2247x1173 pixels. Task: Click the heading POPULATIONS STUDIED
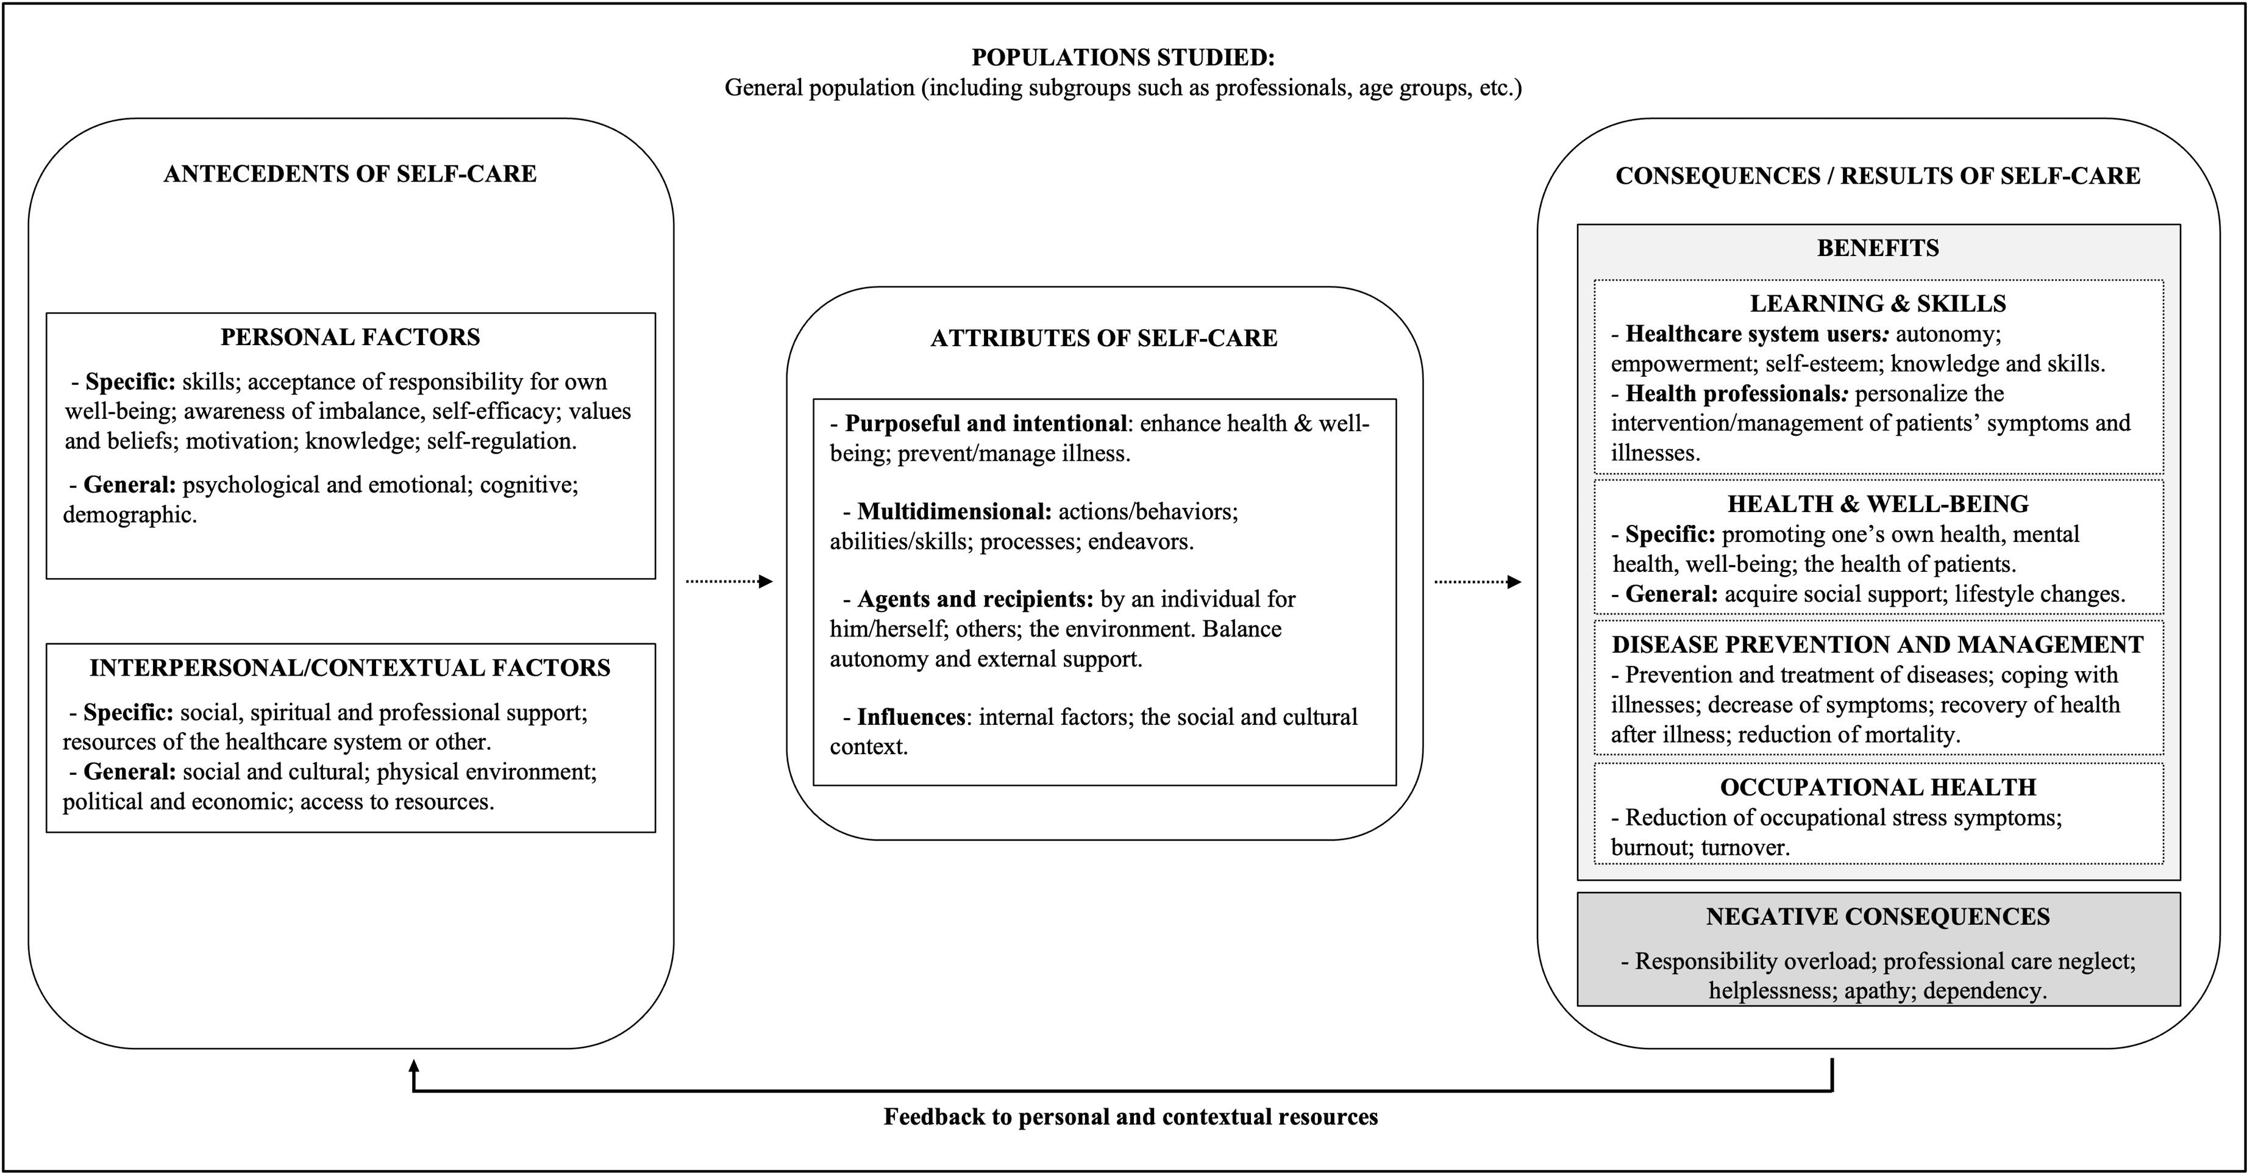1123,57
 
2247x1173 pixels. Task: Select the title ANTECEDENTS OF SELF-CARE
350,174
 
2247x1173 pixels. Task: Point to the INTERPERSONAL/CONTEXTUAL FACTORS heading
350,668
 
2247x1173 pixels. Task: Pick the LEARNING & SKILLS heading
1878,304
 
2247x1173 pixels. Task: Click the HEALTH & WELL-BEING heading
1878,504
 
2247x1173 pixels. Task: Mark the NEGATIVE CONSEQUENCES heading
1878,916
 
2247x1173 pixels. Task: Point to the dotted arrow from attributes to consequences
1478,582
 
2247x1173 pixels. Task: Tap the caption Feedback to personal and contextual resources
1130,1117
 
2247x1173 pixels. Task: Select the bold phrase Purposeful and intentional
986,424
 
